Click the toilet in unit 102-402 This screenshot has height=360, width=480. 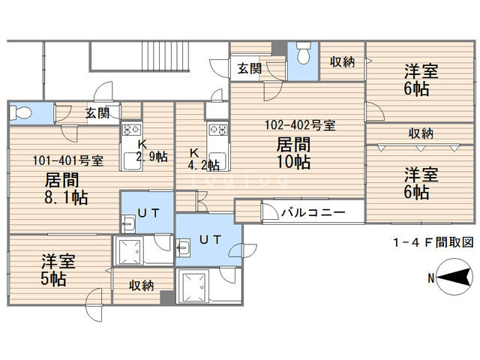[x=303, y=53]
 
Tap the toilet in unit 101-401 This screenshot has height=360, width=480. [x=21, y=113]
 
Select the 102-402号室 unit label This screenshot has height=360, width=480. [x=300, y=125]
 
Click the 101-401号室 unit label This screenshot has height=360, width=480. [x=68, y=160]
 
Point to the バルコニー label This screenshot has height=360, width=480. [x=313, y=212]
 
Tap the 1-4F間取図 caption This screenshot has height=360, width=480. [x=433, y=242]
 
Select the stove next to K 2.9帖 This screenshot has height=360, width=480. [x=132, y=130]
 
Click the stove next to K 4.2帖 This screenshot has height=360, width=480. [x=218, y=130]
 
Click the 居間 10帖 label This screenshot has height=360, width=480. [x=293, y=153]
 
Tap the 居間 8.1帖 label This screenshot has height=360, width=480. [x=66, y=188]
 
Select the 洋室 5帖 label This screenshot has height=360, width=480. [x=58, y=270]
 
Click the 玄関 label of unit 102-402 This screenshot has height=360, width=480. [x=250, y=68]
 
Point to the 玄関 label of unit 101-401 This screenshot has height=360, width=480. [x=97, y=113]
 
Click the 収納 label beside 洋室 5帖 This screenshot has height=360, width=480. [x=141, y=286]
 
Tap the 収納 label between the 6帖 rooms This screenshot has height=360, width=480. [x=421, y=133]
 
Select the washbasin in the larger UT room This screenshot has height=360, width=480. [x=183, y=247]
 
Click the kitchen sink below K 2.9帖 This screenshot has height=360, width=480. [x=132, y=161]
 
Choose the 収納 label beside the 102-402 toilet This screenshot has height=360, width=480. [x=342, y=61]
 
